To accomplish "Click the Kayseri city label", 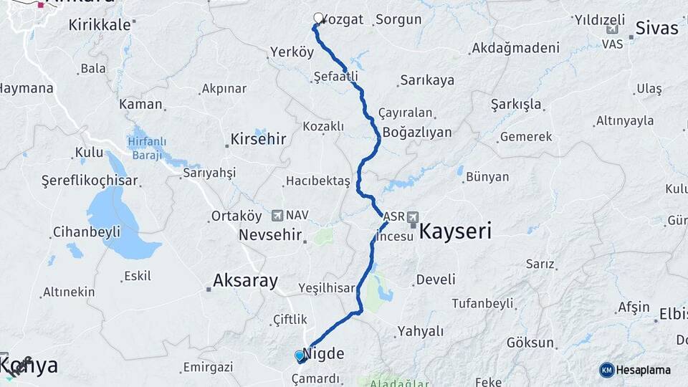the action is (454, 231).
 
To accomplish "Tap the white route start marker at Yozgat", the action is (318, 18).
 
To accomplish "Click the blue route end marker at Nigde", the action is (300, 355).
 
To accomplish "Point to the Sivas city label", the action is (656, 29).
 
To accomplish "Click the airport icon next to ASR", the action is (414, 217).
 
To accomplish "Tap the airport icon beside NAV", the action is (277, 215).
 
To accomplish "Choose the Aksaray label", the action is (245, 281).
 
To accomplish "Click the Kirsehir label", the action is (258, 139).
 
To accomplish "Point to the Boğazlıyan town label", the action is (417, 133).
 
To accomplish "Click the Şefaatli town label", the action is (335, 76).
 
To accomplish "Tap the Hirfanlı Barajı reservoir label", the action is (147, 146).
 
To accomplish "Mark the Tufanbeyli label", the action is (482, 303).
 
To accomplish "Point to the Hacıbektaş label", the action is (317, 181).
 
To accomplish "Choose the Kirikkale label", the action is (100, 24).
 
